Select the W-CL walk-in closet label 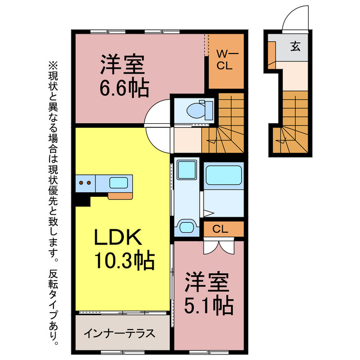click(226, 60)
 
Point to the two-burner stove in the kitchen click(85, 182)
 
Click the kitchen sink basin click(119, 182)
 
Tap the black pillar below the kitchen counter click(83, 199)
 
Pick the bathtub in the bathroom click(223, 176)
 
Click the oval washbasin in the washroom click(185, 227)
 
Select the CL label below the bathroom click(221, 229)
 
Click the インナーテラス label click(119, 332)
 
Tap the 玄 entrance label click(295, 46)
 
